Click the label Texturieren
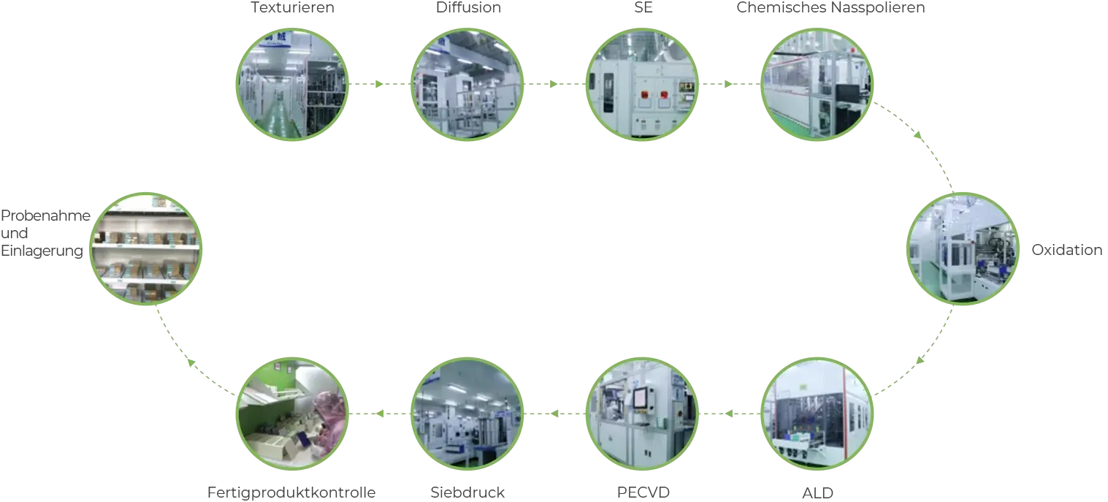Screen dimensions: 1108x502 coord(292,7)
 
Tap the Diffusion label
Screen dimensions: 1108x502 coord(468,7)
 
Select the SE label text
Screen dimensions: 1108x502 coord(643,7)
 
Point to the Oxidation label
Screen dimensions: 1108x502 coord(1067,249)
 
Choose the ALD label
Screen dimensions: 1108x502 coord(817,493)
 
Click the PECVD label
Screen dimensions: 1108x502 coord(643,492)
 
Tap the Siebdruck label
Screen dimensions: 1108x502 coord(467,492)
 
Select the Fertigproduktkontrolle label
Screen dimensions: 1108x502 coord(291,493)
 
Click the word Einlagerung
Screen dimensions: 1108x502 coord(42,251)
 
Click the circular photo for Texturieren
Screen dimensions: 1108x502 coord(292,84)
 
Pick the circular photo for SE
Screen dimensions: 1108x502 coord(643,84)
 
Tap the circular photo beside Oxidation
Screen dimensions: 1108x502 coord(963,248)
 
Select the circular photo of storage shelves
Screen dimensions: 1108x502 coord(146,248)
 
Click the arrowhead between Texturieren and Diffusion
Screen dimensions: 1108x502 coord(379,84)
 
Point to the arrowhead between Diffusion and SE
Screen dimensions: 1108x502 coord(554,84)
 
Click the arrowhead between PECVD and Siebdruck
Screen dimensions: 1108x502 coord(554,414)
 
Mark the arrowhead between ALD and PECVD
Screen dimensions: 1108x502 coord(729,414)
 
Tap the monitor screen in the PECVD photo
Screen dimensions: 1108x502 coord(641,398)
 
